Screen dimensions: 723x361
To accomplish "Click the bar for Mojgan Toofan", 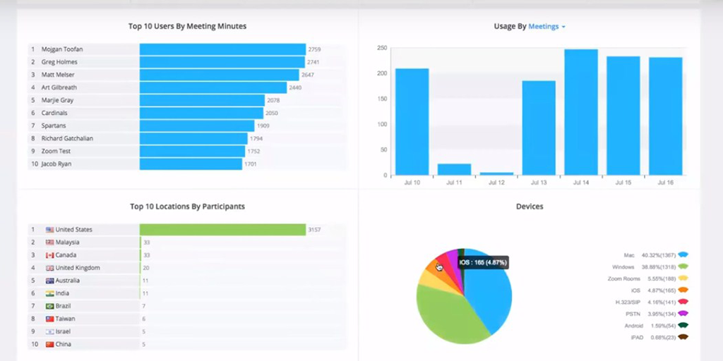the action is (222, 49).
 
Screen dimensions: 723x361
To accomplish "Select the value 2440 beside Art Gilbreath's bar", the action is (295, 87).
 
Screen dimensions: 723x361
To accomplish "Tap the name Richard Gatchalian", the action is (67, 138).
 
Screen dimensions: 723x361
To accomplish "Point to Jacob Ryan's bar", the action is (191, 164).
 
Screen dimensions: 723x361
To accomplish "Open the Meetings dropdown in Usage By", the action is (547, 27).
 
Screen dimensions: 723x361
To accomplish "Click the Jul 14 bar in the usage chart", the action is (581, 112).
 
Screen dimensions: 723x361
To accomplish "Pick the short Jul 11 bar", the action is (454, 169).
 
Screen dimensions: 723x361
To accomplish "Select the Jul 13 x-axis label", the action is (539, 183).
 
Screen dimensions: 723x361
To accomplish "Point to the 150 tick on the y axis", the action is (381, 99).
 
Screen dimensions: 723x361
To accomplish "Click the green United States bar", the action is (222, 230).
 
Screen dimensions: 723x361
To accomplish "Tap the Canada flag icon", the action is (50, 255).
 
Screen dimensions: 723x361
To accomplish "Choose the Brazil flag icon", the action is (50, 306).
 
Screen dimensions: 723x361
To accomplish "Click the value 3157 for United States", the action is (314, 230).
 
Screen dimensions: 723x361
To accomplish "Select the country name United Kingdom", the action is (78, 268).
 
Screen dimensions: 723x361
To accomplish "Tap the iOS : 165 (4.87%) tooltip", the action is (483, 263).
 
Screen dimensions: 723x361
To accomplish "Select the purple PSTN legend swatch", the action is (683, 314).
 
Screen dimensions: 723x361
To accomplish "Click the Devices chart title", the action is (530, 207).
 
